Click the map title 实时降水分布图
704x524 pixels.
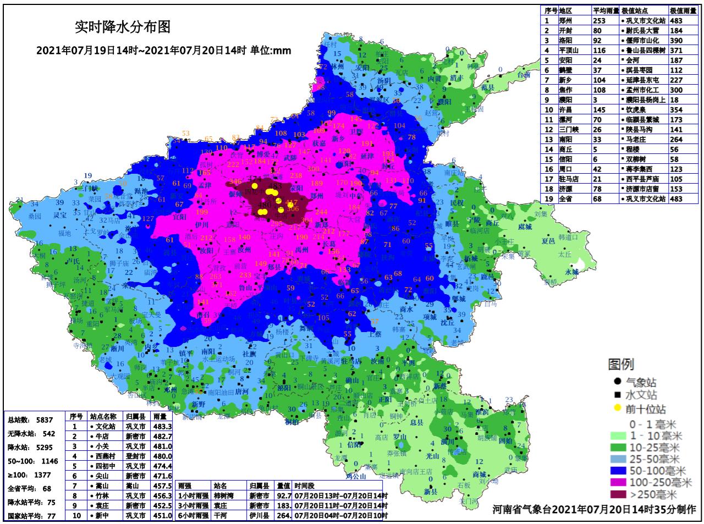click(x=122, y=26)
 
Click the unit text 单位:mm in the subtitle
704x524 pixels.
click(x=271, y=51)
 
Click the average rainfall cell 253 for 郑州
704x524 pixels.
click(x=599, y=21)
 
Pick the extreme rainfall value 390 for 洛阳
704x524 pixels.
click(x=676, y=41)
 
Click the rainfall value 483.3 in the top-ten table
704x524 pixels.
click(x=163, y=426)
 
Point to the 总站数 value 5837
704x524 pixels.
click(x=45, y=420)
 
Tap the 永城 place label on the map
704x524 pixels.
click(x=572, y=272)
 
